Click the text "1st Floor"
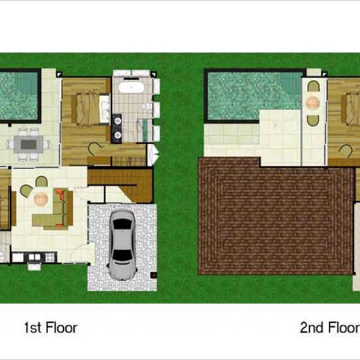(51, 328)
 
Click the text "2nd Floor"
(330, 328)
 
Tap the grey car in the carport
(122, 245)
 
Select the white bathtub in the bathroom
(131, 88)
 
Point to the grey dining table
(28, 145)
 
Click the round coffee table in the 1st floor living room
(41, 199)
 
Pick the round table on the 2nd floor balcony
(313, 103)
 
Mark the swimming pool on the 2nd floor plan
(254, 95)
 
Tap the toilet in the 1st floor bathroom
(146, 106)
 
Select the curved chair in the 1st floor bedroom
(95, 149)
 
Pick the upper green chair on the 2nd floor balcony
(313, 86)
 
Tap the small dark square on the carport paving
(154, 275)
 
